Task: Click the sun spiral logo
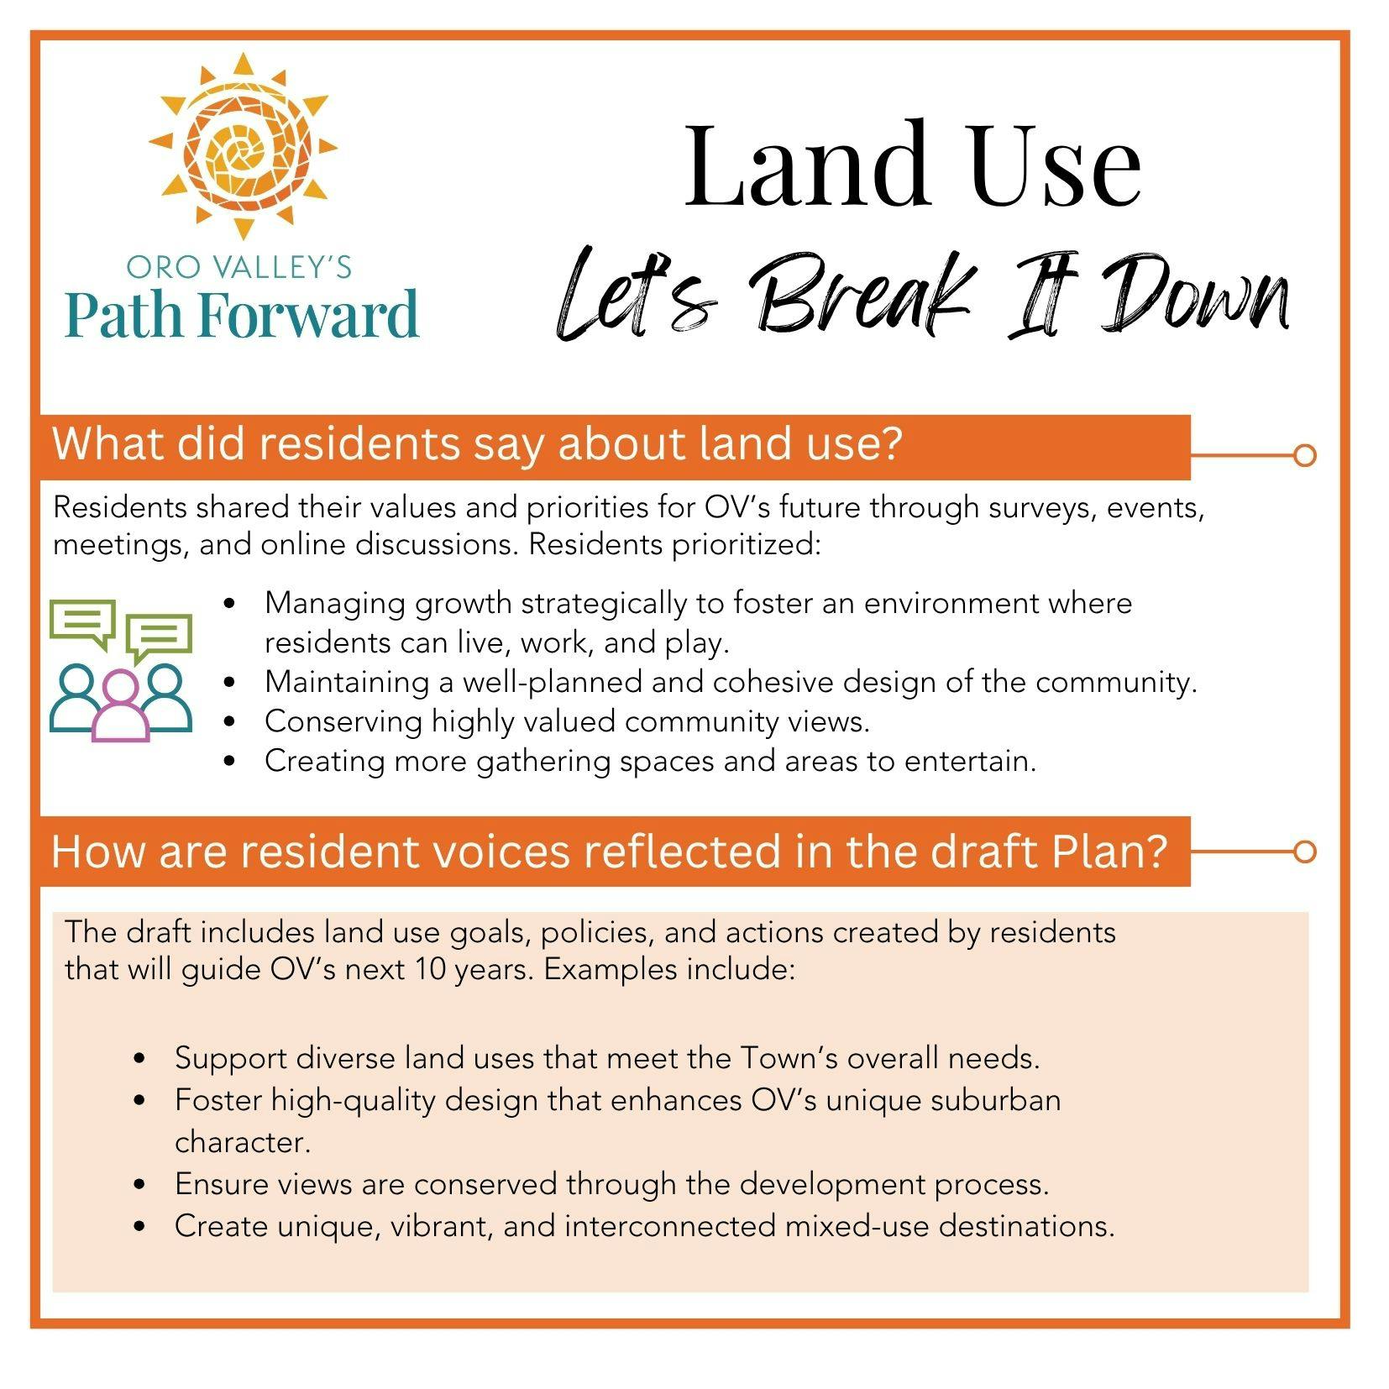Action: tap(243, 147)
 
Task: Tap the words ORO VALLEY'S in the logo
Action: tap(239, 267)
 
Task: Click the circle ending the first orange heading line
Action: tap(1304, 455)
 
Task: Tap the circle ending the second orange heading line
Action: tap(1304, 852)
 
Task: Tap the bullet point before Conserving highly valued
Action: tap(230, 722)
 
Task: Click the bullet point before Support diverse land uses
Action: tap(140, 1058)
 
